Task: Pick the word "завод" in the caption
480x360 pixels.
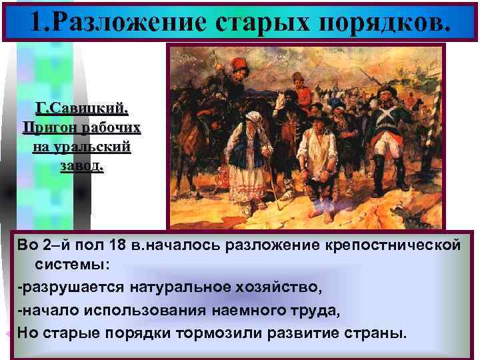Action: click(x=81, y=164)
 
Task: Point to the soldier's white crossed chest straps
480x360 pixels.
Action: click(x=387, y=123)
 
